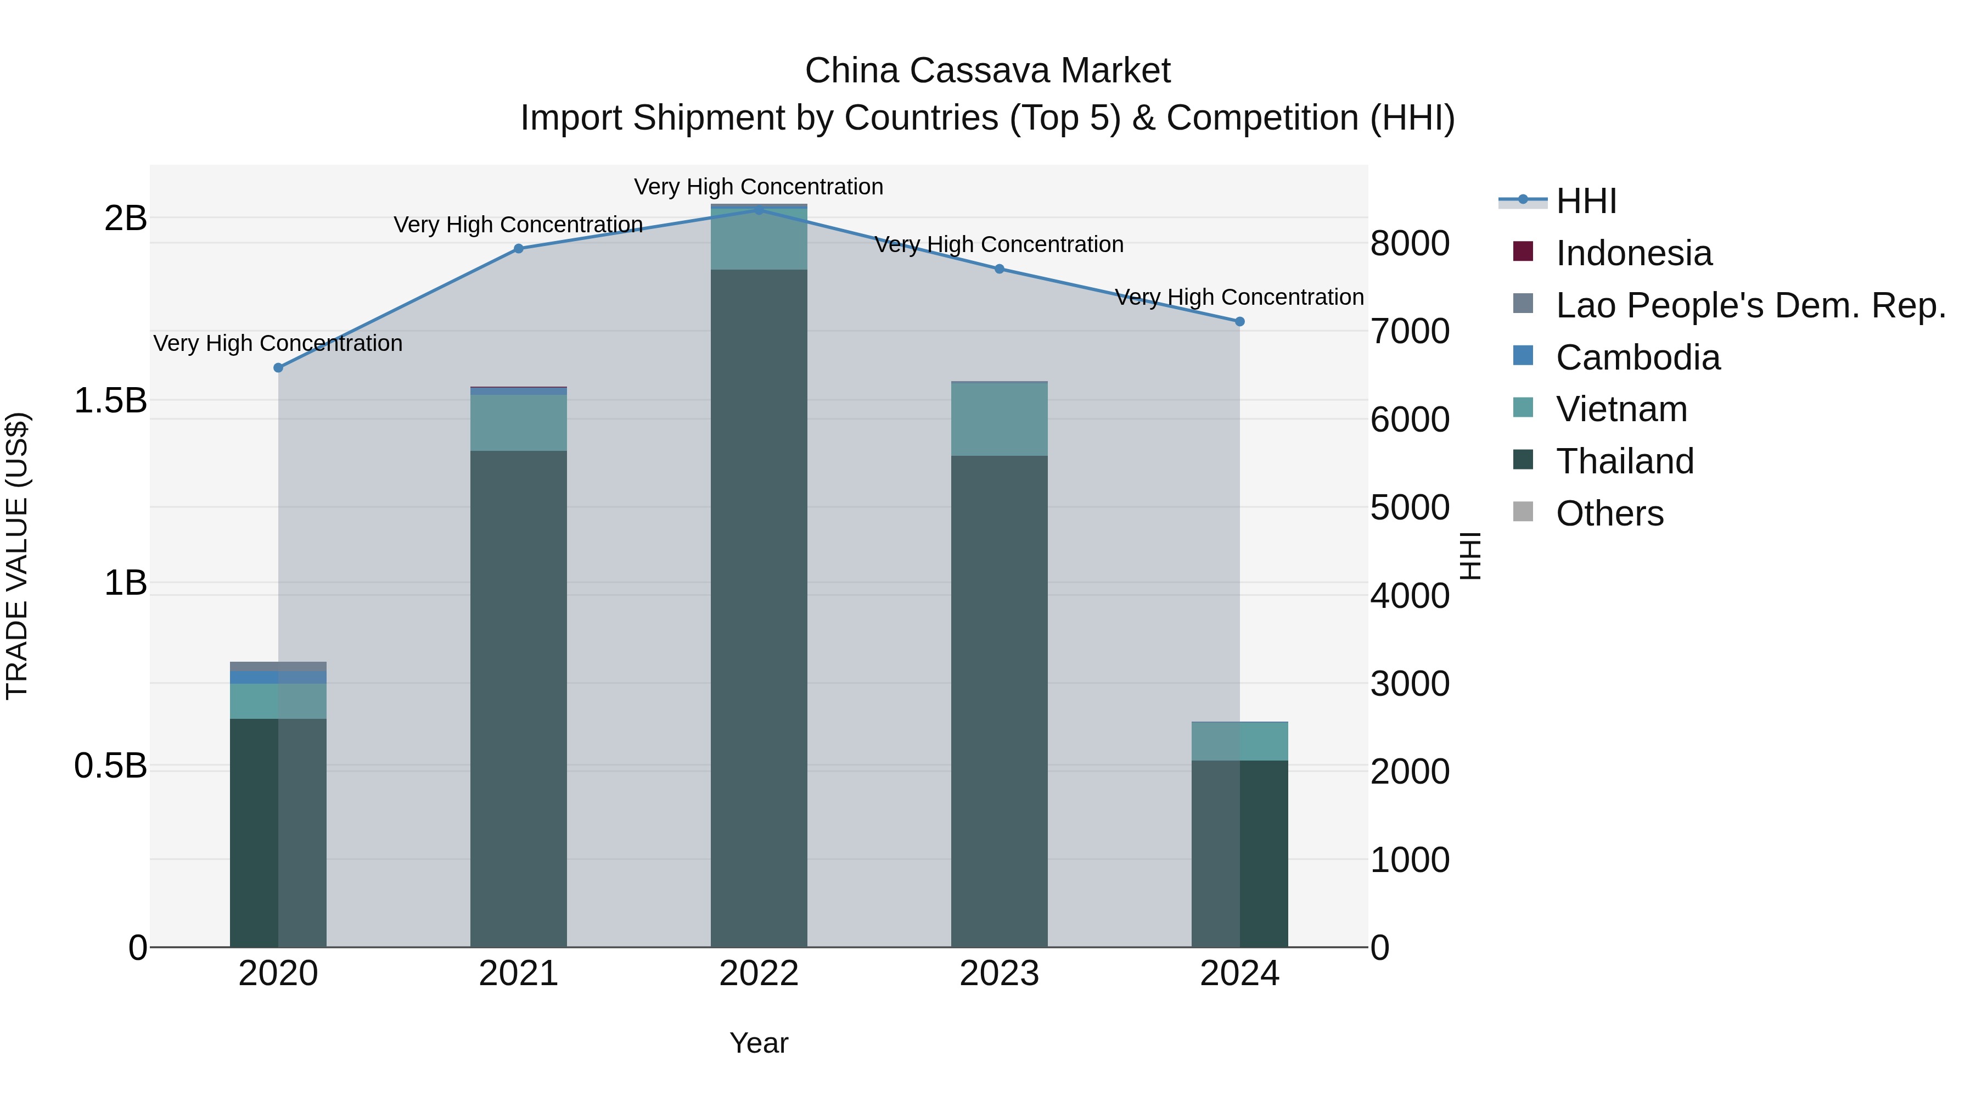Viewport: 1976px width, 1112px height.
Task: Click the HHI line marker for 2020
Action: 278,367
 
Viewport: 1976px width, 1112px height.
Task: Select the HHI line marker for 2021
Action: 519,249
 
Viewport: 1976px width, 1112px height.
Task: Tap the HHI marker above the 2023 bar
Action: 1000,269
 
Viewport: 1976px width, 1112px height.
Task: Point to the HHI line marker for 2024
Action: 1239,322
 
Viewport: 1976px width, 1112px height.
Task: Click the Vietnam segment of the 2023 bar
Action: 1000,419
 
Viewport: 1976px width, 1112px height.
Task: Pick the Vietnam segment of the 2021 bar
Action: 519,423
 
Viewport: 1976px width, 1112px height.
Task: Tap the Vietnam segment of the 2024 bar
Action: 1239,741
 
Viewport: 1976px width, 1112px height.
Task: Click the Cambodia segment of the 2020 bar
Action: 278,677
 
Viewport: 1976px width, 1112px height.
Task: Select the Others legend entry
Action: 1609,513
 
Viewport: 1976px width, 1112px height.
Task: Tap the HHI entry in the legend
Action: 1586,201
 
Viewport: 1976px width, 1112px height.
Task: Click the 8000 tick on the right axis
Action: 1410,243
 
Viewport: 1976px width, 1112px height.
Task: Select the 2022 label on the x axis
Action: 759,974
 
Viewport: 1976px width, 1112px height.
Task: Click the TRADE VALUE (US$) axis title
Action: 17,556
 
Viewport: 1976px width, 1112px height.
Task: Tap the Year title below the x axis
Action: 759,1043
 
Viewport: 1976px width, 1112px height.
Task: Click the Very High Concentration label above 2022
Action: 759,187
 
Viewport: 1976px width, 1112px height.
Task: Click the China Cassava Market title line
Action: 987,71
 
